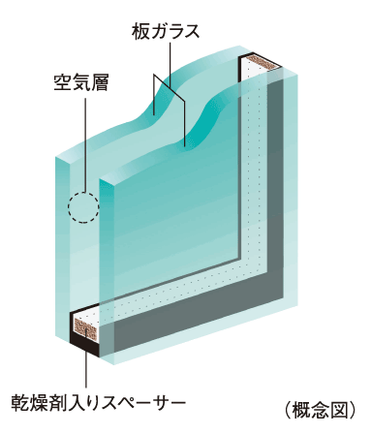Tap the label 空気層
point(79,81)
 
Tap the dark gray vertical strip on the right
point(277,194)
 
